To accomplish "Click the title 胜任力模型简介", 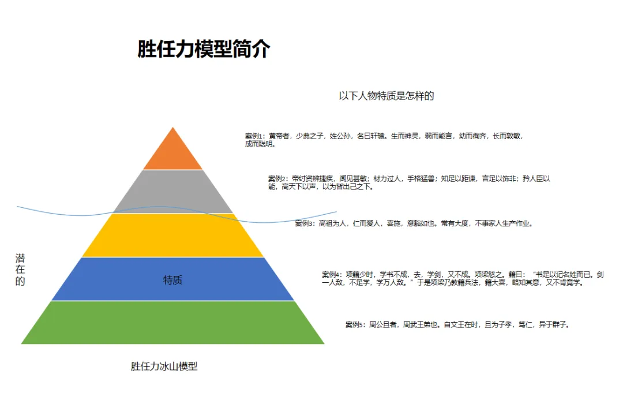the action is point(204,49).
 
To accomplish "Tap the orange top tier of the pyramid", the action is point(173,154).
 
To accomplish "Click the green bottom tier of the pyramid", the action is point(173,323).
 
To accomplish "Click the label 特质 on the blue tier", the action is point(173,281).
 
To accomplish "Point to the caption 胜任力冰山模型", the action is point(164,366).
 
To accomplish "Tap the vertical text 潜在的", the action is point(20,270).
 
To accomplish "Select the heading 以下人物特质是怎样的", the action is point(386,96).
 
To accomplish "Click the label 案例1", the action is point(254,136).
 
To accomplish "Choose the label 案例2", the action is point(278,179).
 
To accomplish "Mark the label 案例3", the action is point(305,223).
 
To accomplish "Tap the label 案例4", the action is point(332,274).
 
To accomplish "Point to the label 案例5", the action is point(355,324).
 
